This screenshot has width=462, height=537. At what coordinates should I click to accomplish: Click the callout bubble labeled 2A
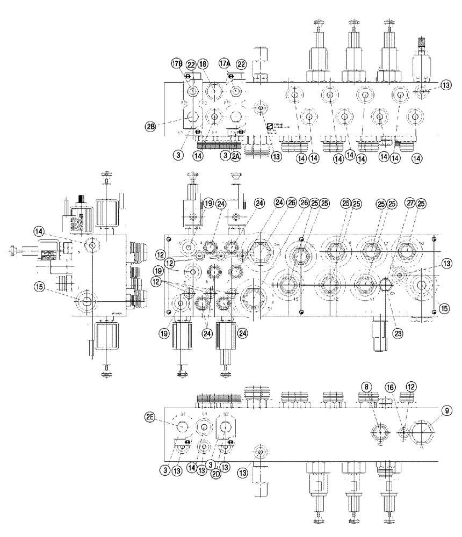pyautogui.click(x=237, y=156)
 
